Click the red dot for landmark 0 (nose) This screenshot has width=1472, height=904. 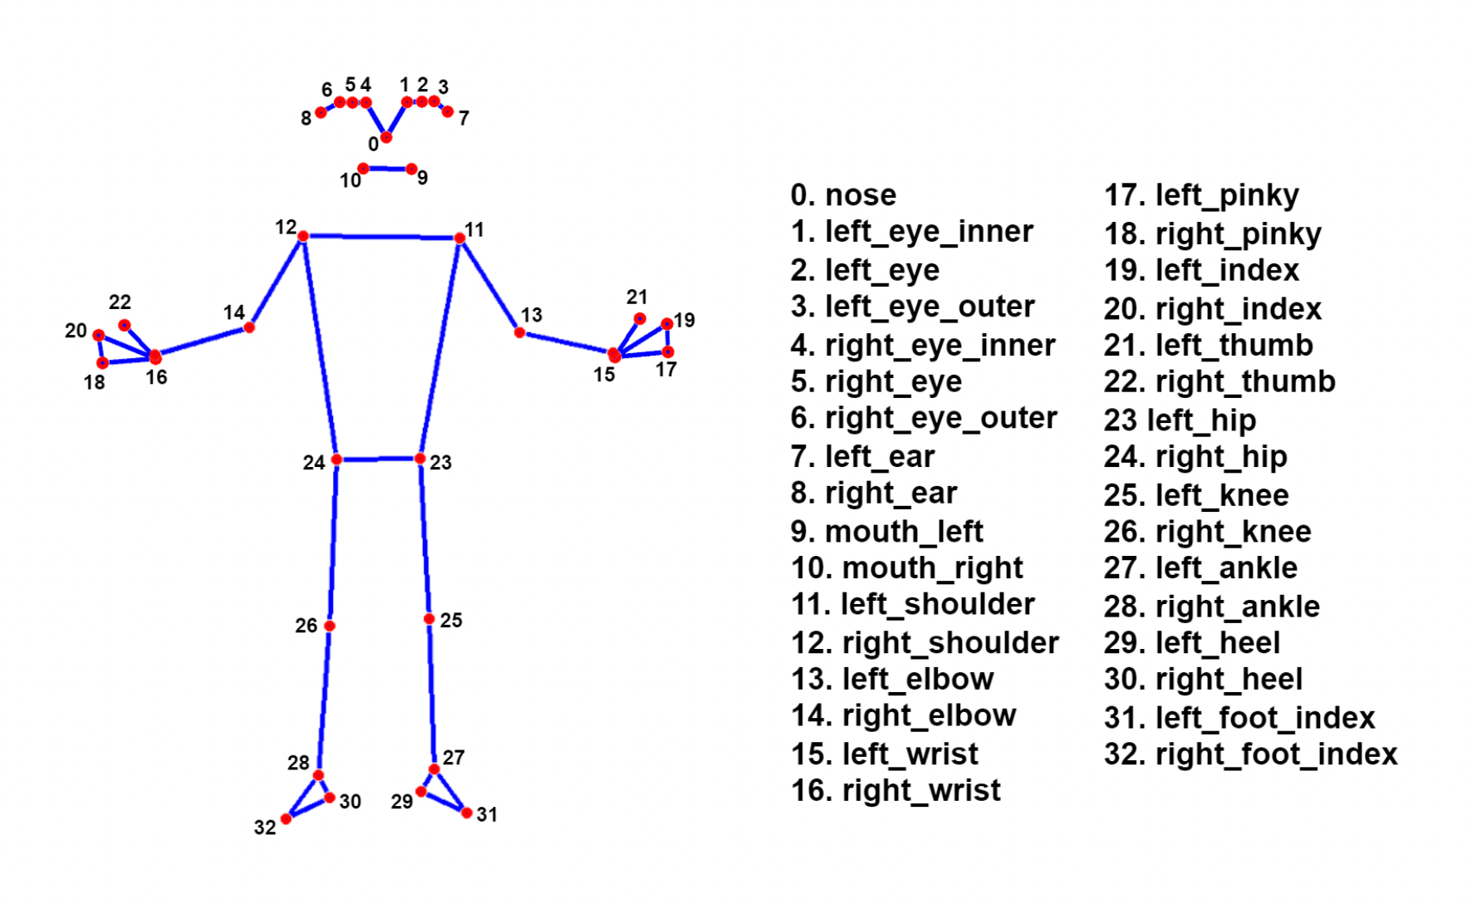pyautogui.click(x=385, y=137)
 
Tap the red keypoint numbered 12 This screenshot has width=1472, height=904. pyautogui.click(x=303, y=237)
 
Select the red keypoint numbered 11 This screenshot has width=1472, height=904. pyautogui.click(x=459, y=238)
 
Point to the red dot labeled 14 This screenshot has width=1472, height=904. pyautogui.click(x=249, y=328)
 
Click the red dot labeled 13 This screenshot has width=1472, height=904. pyautogui.click(x=520, y=332)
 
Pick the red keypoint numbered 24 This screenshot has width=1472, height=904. pyautogui.click(x=336, y=459)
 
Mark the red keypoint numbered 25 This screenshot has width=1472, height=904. pyautogui.click(x=429, y=619)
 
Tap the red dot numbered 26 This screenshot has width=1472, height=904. pyautogui.click(x=330, y=626)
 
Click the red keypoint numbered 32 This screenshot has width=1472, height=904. pyautogui.click(x=287, y=819)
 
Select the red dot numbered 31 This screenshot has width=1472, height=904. pyautogui.click(x=467, y=813)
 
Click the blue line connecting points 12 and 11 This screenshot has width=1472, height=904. pyautogui.click(x=382, y=238)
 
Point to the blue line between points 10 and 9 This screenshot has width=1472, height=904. pyautogui.click(x=387, y=169)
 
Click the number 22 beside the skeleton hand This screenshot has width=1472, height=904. pyautogui.click(x=120, y=302)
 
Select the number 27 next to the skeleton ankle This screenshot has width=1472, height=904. pyautogui.click(x=454, y=757)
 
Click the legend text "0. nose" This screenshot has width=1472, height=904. pyautogui.click(x=843, y=195)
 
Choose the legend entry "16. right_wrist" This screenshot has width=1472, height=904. pyautogui.click(x=895, y=790)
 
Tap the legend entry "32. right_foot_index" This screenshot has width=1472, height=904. pyautogui.click(x=1250, y=754)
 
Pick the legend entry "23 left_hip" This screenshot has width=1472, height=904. pyautogui.click(x=1180, y=420)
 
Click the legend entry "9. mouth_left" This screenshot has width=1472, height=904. pyautogui.click(x=886, y=531)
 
